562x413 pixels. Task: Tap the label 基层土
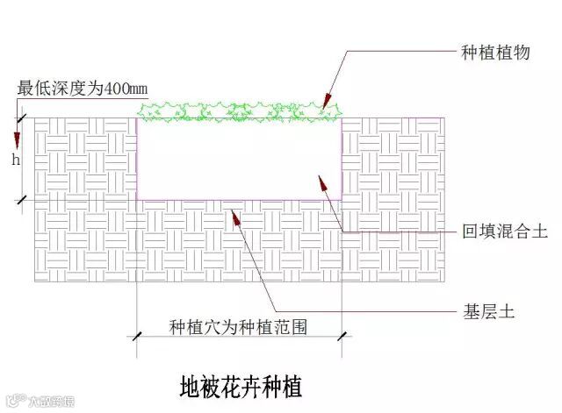click(x=488, y=311)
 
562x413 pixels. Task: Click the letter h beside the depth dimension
click(x=15, y=160)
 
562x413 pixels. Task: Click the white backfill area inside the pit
click(x=239, y=158)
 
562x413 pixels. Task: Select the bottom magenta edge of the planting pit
click(x=239, y=200)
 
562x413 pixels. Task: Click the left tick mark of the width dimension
click(x=137, y=335)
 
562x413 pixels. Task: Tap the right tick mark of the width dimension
click(x=342, y=335)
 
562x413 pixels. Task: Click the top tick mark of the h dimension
click(x=23, y=117)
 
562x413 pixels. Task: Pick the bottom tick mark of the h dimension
click(x=23, y=200)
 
